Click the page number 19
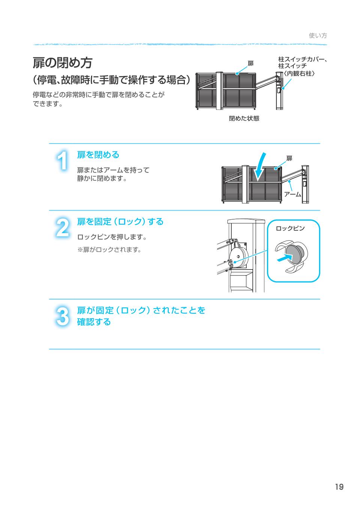click(339, 487)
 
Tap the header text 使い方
click(318, 36)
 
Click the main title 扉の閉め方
click(63, 63)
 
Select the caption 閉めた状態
click(244, 118)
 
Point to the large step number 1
click(63, 161)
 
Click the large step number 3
click(63, 316)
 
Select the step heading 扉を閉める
click(98, 154)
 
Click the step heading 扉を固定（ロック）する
click(120, 222)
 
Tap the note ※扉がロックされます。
click(109, 250)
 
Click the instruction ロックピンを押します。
click(112, 237)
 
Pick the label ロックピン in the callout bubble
click(290, 228)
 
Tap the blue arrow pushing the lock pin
click(284, 258)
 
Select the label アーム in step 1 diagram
click(292, 194)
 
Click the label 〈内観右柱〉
click(298, 73)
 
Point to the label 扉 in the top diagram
click(250, 64)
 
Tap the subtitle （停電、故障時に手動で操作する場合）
click(114, 80)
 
